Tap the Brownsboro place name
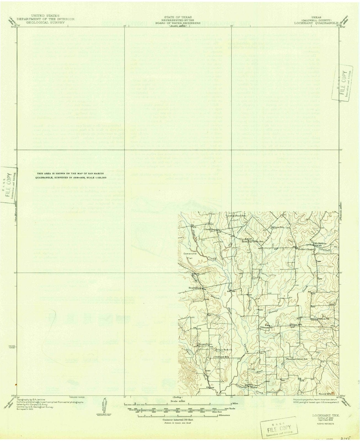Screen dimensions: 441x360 [x=205, y=345]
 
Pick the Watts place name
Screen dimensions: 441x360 [x=254, y=387]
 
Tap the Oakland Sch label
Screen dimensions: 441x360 [x=223, y=357]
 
